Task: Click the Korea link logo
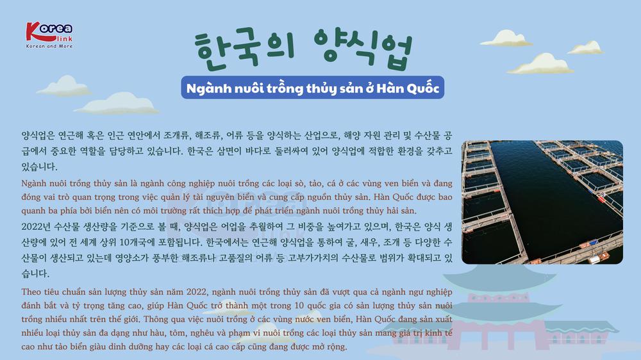(x=49, y=35)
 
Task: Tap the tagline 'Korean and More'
(x=49, y=47)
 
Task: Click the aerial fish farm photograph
(x=542, y=202)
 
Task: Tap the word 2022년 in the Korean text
(x=35, y=227)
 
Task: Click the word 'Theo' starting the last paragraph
(x=31, y=291)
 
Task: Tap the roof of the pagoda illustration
(x=499, y=278)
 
